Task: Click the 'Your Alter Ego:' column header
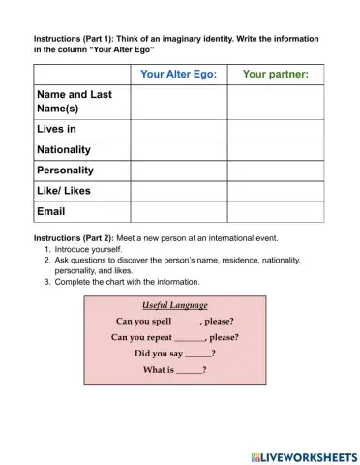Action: [x=178, y=74]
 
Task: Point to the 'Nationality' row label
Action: [x=64, y=149]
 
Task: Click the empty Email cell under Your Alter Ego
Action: [x=178, y=210]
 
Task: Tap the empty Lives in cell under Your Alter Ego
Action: [x=178, y=129]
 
